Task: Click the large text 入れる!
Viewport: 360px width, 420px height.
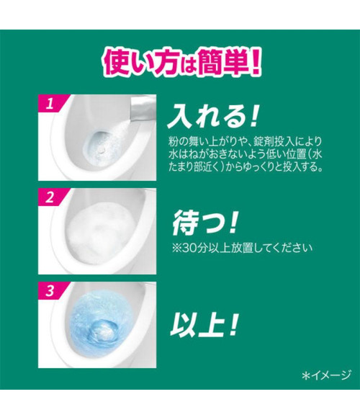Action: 213,117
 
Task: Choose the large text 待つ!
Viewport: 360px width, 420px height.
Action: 204,223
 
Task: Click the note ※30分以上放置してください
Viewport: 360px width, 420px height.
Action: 242,248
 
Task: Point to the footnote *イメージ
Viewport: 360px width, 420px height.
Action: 326,375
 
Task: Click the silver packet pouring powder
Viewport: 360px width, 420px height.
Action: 143,109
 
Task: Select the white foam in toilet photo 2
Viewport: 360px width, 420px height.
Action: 99,233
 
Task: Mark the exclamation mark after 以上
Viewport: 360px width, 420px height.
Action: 233,325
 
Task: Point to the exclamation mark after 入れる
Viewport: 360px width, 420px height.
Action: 253,117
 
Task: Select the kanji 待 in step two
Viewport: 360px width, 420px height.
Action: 185,223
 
